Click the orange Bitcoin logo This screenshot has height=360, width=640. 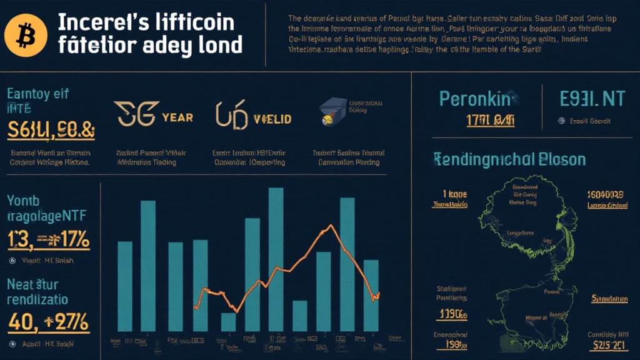click(x=26, y=35)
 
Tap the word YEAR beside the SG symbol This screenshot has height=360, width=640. click(x=177, y=117)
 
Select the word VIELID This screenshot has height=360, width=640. click(x=272, y=118)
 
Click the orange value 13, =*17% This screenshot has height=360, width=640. click(x=49, y=240)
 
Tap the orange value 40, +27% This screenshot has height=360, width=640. click(x=49, y=322)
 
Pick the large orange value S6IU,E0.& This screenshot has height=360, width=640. click(x=51, y=130)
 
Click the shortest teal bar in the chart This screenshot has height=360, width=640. click(x=229, y=321)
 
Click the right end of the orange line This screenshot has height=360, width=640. click(x=379, y=294)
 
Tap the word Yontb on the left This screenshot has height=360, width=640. click(x=24, y=201)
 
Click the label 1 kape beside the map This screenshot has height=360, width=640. click(x=450, y=194)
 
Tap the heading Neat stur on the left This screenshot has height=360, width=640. click(x=32, y=284)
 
